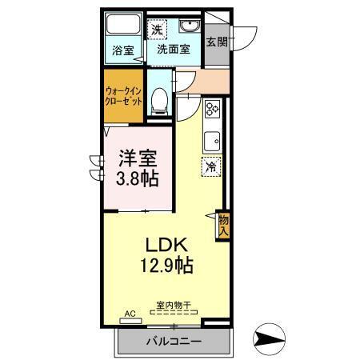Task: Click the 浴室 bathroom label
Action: point(122,50)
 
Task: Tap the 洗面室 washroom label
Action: point(173,49)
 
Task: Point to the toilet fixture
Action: point(159,98)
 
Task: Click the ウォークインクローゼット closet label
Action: point(124,97)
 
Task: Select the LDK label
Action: point(167,244)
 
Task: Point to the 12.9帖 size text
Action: point(167,265)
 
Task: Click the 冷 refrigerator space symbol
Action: point(210,167)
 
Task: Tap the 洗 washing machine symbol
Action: point(158,30)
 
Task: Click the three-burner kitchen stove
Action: point(213,110)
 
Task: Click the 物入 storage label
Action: point(223,225)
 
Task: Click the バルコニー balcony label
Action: point(174,342)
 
